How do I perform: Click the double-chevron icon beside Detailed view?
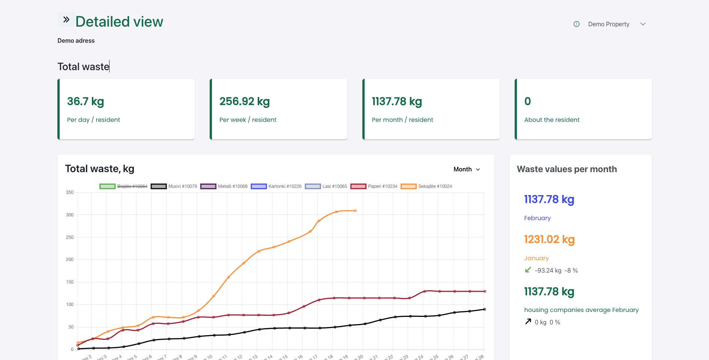point(66,20)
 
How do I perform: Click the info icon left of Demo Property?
point(577,24)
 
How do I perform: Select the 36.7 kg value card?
point(126,109)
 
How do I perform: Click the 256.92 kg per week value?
point(245,101)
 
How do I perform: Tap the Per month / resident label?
point(402,120)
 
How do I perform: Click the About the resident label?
point(551,120)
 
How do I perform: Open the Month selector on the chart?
point(467,169)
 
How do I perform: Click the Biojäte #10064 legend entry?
point(124,186)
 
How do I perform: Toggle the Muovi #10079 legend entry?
point(174,186)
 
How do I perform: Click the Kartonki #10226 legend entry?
point(276,186)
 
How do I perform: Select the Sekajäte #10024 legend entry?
point(427,186)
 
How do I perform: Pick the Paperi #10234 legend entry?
point(374,186)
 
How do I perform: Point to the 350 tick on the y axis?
point(70,192)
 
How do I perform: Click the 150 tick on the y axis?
point(70,282)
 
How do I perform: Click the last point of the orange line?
point(356,211)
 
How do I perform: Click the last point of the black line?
point(485,309)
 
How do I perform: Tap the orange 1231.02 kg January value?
point(549,239)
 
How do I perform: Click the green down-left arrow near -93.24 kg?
point(528,270)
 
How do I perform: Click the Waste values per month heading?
point(566,169)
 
